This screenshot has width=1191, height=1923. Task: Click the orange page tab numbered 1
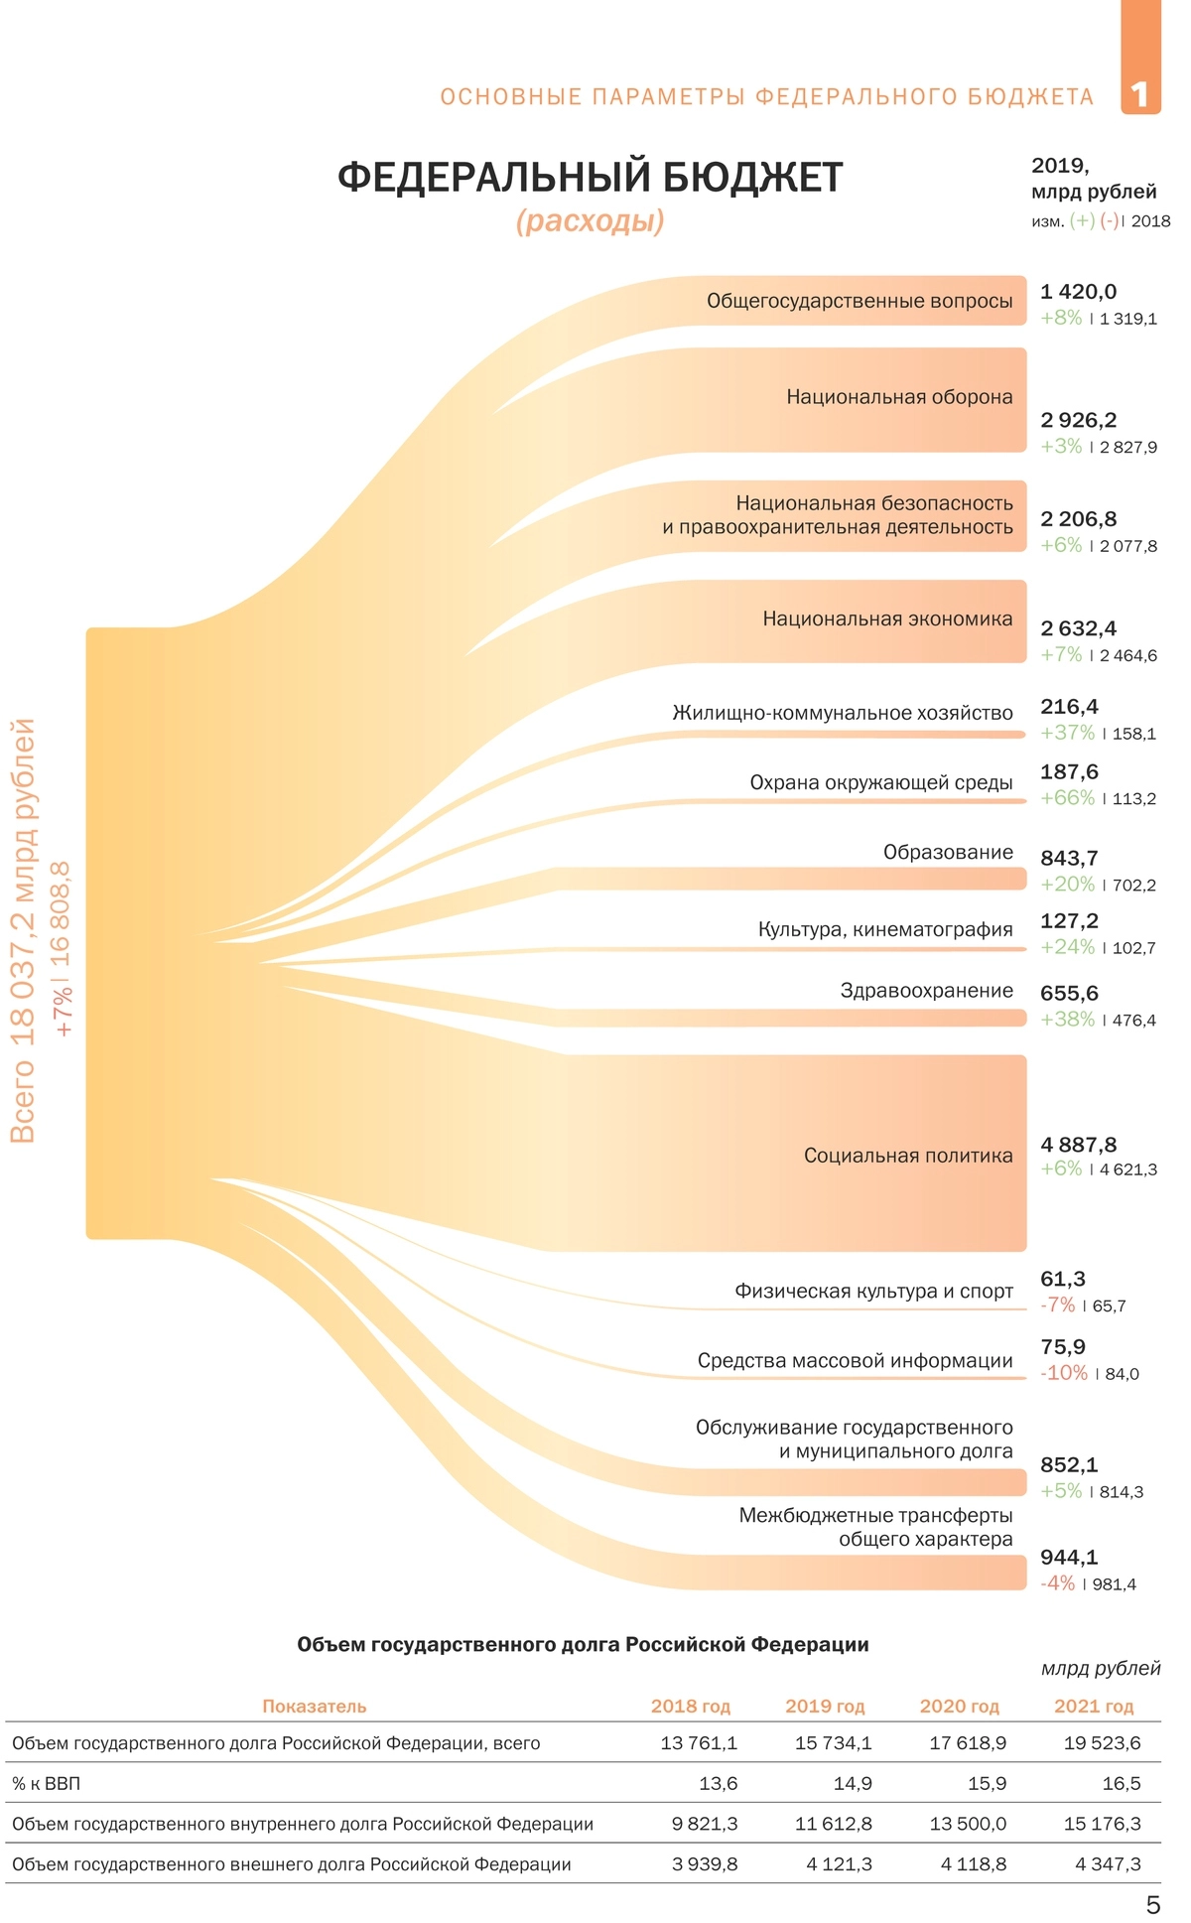point(1140,94)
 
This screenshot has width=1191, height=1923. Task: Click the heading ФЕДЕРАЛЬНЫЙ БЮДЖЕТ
point(590,178)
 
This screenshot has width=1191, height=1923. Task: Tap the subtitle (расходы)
point(590,220)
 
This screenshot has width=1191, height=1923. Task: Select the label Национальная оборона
point(899,397)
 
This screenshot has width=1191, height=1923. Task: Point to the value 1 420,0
point(1078,292)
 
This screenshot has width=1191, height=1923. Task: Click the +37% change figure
point(1067,733)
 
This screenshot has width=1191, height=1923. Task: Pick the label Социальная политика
point(907,1156)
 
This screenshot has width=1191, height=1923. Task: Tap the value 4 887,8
point(1078,1145)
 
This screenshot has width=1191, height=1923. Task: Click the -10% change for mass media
point(1064,1373)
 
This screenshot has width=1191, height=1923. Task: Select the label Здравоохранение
point(926,991)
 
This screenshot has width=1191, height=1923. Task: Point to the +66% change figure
point(1067,798)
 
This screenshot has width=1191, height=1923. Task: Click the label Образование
point(948,852)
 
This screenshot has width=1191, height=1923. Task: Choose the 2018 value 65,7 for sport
point(1109,1306)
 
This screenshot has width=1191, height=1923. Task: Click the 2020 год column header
point(959,1707)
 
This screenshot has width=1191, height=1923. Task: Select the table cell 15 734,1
point(833,1743)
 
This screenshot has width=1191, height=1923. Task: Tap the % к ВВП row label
point(46,1784)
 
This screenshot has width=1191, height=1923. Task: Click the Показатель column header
point(314,1707)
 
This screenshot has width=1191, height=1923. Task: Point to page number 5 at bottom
point(1152,1904)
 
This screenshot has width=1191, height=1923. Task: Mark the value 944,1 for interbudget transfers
point(1069,1557)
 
